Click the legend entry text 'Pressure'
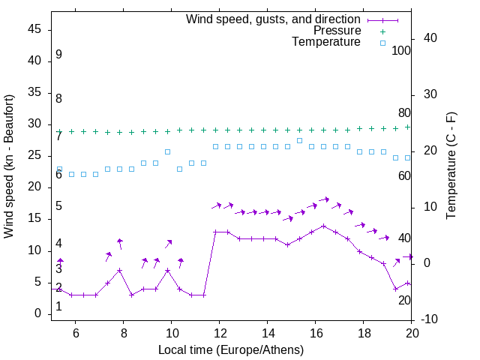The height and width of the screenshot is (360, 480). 337,31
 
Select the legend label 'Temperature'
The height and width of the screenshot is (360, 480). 326,42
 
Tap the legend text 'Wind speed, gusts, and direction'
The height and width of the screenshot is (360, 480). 274,19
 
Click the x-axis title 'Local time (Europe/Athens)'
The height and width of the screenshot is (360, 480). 231,350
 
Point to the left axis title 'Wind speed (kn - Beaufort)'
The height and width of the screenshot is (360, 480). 9,166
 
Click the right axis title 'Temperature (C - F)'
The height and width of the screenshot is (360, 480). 451,166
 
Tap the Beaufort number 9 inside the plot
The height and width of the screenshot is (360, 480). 58,55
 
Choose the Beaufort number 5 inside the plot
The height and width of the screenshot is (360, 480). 58,206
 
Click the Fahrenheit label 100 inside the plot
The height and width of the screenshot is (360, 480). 401,50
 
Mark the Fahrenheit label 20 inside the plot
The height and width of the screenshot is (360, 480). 404,300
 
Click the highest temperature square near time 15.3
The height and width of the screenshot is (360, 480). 299,140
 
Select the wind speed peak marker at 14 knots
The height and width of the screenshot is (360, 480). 323,226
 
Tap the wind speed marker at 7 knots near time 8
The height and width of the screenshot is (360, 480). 119,270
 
